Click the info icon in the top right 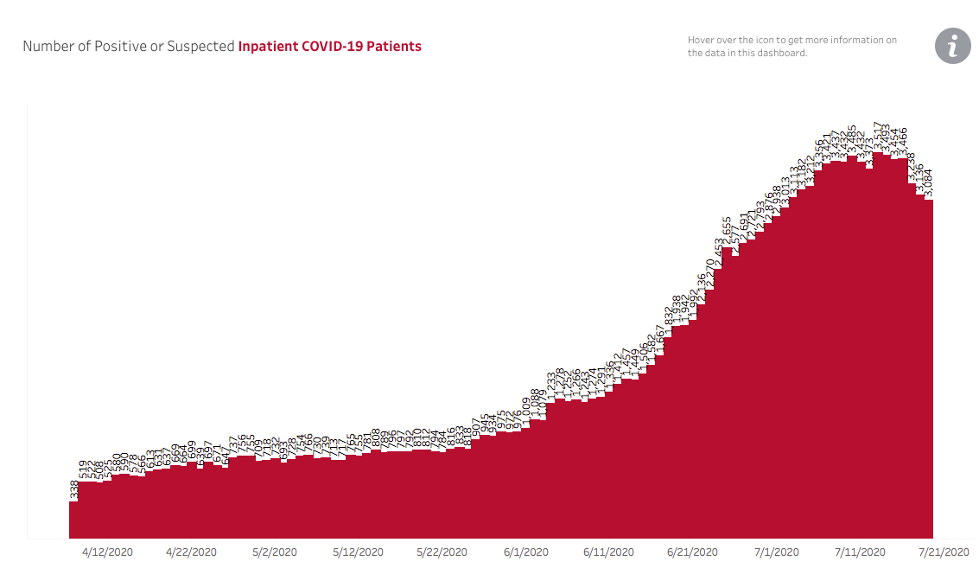coord(953,46)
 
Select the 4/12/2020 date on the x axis coord(107,552)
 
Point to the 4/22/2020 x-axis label coord(191,552)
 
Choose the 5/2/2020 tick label coord(275,552)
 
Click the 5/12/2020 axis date coord(358,552)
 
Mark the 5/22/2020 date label coord(442,552)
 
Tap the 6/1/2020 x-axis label coord(525,552)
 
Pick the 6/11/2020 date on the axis coord(608,552)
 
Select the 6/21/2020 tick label coord(692,552)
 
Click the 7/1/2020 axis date coord(776,552)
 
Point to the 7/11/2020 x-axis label coord(859,552)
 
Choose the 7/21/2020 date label coord(943,552)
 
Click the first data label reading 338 coord(73,490)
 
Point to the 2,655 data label coord(727,231)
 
